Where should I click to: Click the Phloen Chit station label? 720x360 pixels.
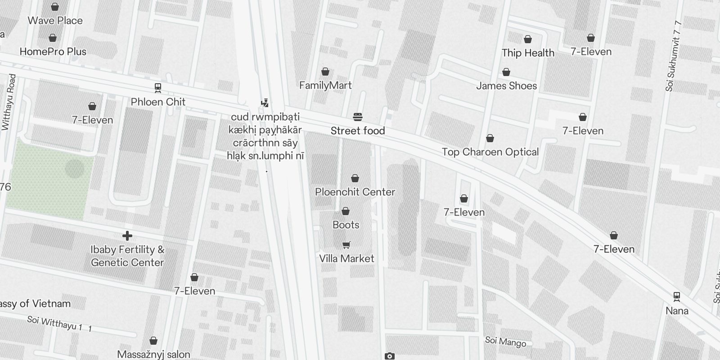[158, 102]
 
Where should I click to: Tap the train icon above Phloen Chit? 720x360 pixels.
[158, 87]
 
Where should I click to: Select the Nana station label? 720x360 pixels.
[677, 311]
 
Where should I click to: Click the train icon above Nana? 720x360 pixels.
[676, 297]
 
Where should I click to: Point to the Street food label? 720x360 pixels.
[358, 131]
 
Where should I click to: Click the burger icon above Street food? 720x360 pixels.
[358, 117]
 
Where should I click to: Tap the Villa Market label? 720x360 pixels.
[346, 259]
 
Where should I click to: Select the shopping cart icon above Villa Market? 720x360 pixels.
[346, 245]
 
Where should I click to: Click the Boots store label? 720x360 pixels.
[346, 225]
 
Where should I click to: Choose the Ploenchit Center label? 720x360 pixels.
[355, 192]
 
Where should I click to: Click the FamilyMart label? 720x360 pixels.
[325, 85]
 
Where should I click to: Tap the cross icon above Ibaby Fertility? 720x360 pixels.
[127, 235]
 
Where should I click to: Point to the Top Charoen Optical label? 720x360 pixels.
[490, 152]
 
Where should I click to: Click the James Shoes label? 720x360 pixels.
[506, 86]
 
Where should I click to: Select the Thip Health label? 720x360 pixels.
[528, 53]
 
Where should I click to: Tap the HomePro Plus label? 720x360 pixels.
[53, 52]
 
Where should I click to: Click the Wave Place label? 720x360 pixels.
[55, 21]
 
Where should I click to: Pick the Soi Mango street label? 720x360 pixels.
[505, 342]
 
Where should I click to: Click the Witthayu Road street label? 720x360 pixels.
[9, 103]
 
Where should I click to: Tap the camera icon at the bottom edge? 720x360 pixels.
[390, 356]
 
